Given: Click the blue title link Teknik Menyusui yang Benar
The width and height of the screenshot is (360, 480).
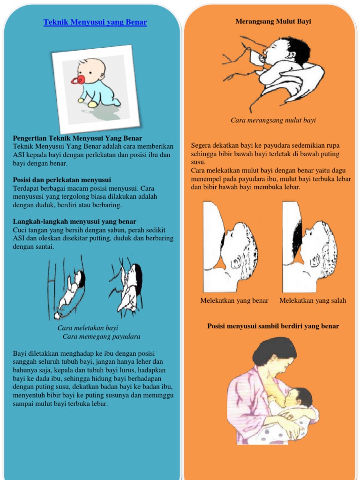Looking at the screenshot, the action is click(95, 22).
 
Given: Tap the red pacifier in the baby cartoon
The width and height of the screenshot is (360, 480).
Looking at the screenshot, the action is click(77, 80).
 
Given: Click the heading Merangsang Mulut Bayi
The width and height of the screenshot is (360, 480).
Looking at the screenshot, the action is click(273, 22).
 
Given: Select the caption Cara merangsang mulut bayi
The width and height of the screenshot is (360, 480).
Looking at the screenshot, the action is click(273, 120).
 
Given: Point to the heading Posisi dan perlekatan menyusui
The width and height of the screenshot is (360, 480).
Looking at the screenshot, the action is click(62, 180).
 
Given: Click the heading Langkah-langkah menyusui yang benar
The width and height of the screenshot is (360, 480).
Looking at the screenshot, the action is click(75, 221).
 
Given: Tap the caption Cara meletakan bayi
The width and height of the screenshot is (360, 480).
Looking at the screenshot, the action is click(88, 328).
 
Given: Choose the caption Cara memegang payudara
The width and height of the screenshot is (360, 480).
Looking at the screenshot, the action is click(101, 337).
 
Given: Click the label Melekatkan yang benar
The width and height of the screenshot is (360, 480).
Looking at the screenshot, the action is click(234, 300).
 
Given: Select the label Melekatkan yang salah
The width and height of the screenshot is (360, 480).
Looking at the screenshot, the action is click(313, 300).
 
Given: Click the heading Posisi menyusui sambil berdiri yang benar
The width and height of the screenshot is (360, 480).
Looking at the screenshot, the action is click(273, 326).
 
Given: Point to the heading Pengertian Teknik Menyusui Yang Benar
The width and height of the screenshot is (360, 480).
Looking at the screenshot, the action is click(77, 138).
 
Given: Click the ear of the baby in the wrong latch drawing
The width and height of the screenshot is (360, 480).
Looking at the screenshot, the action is click(315, 261).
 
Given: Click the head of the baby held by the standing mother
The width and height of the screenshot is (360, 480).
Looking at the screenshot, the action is click(298, 398).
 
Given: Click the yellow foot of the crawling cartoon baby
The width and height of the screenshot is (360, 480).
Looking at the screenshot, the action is click(92, 105).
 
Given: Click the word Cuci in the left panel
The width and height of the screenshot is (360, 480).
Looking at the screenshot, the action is click(18, 230).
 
